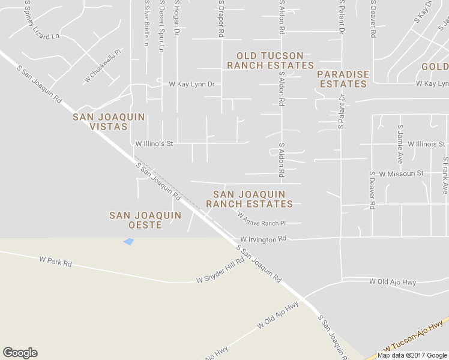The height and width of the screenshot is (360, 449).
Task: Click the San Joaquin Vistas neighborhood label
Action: (x=109, y=122)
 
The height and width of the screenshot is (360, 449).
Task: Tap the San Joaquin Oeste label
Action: (x=145, y=220)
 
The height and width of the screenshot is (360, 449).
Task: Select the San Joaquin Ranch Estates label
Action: (x=249, y=199)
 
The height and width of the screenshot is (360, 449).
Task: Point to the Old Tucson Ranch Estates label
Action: (x=270, y=61)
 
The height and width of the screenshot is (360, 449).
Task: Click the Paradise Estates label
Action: (x=343, y=79)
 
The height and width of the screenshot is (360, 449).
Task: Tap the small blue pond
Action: (x=128, y=241)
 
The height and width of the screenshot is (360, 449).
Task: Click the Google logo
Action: (x=20, y=353)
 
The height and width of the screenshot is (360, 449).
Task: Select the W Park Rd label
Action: (x=55, y=262)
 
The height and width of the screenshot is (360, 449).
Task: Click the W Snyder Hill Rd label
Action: (x=220, y=271)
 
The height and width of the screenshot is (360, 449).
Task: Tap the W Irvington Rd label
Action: (x=264, y=239)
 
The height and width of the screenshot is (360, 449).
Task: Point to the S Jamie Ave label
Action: (x=400, y=144)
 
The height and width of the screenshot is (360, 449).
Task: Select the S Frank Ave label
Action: (x=445, y=175)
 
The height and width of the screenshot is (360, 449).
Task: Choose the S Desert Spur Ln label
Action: (x=161, y=26)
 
